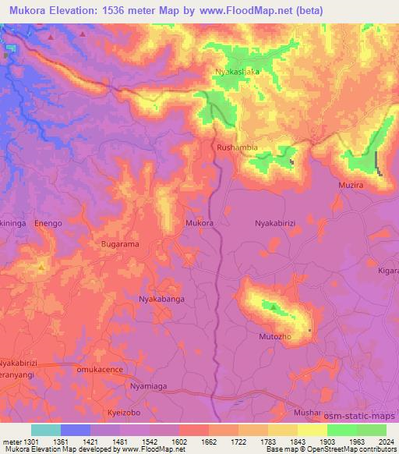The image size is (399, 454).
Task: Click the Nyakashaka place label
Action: tap(237, 72)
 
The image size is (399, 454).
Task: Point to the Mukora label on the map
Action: tap(199, 223)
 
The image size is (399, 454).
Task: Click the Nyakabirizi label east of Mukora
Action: tap(277, 223)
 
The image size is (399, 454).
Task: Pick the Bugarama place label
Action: tap(120, 244)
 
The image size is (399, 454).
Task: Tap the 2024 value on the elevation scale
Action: tap(384, 442)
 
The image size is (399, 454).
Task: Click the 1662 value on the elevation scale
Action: tap(198, 442)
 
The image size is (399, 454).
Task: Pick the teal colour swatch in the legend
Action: tap(46, 430)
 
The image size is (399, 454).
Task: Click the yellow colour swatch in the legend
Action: tap(312, 430)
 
